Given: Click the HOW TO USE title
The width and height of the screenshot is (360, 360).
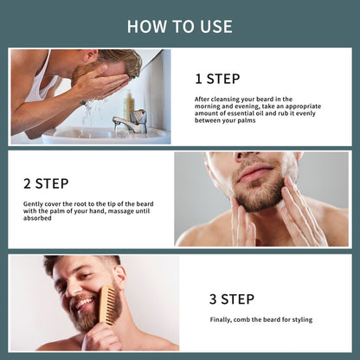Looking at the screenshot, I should coord(179,26).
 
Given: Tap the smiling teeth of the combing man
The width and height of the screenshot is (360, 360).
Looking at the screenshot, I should coord(84,303).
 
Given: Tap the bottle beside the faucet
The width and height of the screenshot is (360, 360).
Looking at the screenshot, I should coord(129,107).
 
